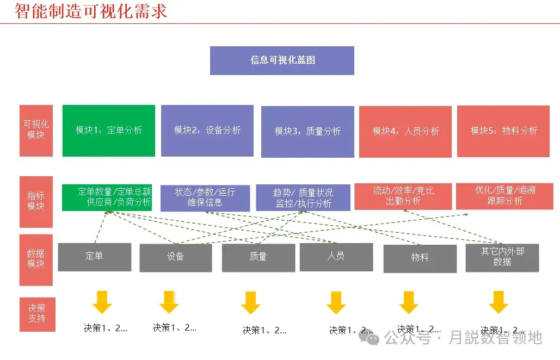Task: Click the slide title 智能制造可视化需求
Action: pos(91,11)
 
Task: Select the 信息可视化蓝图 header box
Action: pos(282,60)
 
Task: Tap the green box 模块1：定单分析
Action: pos(109,131)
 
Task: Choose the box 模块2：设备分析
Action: pos(207,131)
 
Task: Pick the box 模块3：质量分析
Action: pos(307,132)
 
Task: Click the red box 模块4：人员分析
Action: pos(405,132)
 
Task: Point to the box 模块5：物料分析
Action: pos(503,131)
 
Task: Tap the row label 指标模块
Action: pos(36,202)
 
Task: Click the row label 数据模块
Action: pos(36,259)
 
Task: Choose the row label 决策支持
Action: pos(37,314)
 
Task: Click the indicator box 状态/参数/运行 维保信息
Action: pos(205,198)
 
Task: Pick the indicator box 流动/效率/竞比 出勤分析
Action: pos(403,196)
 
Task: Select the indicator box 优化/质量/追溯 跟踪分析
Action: pos(504,196)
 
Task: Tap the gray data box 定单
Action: pos(94,257)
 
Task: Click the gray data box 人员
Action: pos(336,257)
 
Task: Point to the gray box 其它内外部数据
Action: pos(502,257)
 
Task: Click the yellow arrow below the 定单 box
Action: pos(101,302)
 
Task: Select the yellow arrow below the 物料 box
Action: pos(408,302)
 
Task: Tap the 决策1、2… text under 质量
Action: pos(264,330)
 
